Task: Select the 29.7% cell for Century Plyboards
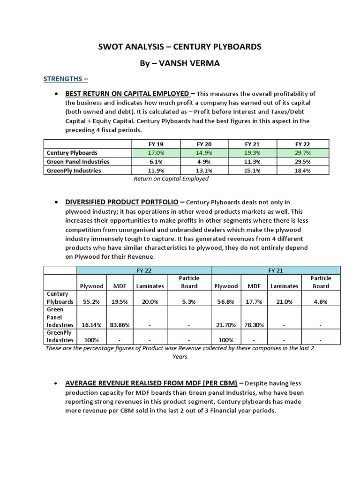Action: (x=303, y=153)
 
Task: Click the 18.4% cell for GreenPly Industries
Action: (x=303, y=171)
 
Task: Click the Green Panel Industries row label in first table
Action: (x=78, y=162)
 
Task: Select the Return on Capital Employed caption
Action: (x=171, y=179)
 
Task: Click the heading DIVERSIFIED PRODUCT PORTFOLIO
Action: (x=121, y=202)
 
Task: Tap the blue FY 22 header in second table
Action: (x=144, y=270)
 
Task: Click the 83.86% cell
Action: (x=117, y=324)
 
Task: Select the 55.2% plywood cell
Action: (x=91, y=302)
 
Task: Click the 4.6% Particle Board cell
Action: (x=321, y=302)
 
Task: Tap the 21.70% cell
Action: (x=226, y=324)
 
